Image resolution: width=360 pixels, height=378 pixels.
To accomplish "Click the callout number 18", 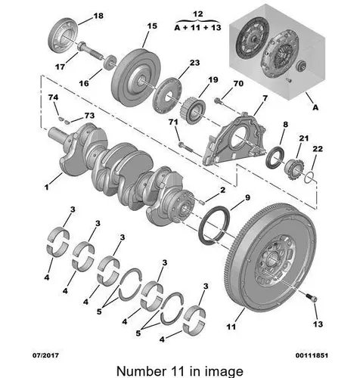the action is [98, 16].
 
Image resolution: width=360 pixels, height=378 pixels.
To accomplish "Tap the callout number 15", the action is [152, 26].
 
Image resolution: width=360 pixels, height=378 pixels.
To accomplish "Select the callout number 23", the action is [194, 63].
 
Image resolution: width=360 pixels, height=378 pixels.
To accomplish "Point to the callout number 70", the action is [238, 83].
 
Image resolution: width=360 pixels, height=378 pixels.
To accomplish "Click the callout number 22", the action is [318, 149].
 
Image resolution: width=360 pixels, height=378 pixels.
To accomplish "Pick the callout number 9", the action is [247, 197].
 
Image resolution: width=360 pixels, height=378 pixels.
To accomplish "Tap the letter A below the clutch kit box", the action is [315, 107].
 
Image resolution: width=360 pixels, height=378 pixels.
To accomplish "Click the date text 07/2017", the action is [45, 355].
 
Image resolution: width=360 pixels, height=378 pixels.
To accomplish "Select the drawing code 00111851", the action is [312, 355].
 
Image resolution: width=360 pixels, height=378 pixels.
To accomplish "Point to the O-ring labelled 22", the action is [309, 178].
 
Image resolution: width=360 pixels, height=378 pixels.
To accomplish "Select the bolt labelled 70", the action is [220, 102].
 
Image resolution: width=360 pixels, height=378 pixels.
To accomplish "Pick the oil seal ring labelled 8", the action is [275, 158].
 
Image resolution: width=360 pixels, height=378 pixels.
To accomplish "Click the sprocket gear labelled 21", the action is [294, 169].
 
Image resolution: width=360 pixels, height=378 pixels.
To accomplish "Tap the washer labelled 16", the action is [110, 62].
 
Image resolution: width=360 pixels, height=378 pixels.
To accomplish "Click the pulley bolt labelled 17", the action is [90, 51].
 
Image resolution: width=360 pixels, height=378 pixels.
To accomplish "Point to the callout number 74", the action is [53, 98].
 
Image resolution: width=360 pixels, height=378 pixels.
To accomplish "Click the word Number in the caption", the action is [140, 371].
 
